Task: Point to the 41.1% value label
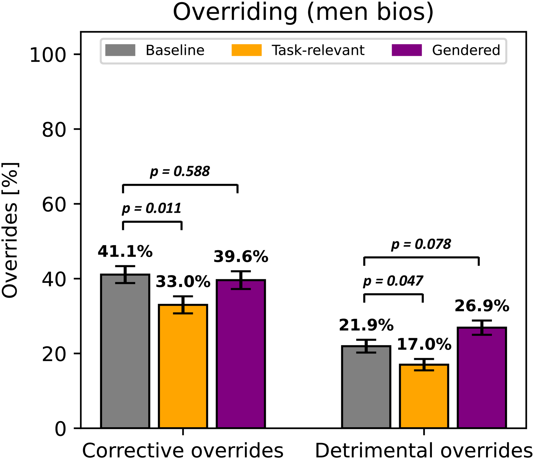pyautogui.click(x=125, y=251)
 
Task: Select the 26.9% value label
pyautogui.click(x=482, y=306)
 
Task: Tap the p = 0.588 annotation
pyautogui.click(x=180, y=172)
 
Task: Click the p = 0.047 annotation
pyautogui.click(x=393, y=281)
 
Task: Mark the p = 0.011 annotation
pyautogui.click(x=152, y=208)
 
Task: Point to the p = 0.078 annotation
pyautogui.click(x=421, y=244)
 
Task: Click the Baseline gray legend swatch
pyautogui.click(x=120, y=50)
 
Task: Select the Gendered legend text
pyautogui.click(x=466, y=50)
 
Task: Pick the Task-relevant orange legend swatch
pyautogui.click(x=246, y=50)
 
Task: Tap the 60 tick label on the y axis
pyautogui.click(x=54, y=204)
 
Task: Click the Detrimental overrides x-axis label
pyautogui.click(x=424, y=451)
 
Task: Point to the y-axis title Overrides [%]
pyautogui.click(x=10, y=230)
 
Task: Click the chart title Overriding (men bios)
pyautogui.click(x=303, y=12)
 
